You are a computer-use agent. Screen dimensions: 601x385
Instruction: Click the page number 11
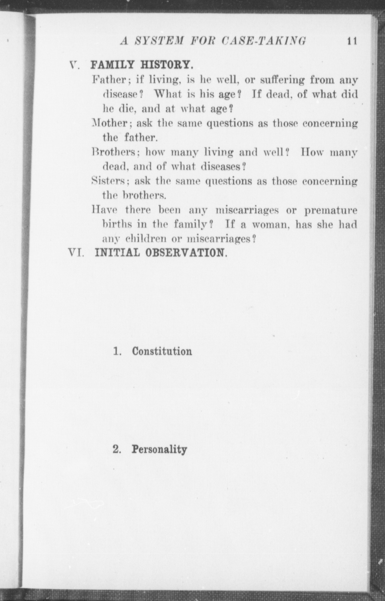tap(352, 41)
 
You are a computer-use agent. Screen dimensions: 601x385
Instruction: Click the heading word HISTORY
tap(167, 65)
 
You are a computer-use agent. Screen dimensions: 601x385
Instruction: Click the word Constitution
tap(162, 351)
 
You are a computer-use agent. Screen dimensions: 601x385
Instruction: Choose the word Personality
tap(159, 449)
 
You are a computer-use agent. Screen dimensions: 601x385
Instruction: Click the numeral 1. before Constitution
tap(117, 351)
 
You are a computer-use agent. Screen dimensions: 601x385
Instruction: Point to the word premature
tap(331, 210)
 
